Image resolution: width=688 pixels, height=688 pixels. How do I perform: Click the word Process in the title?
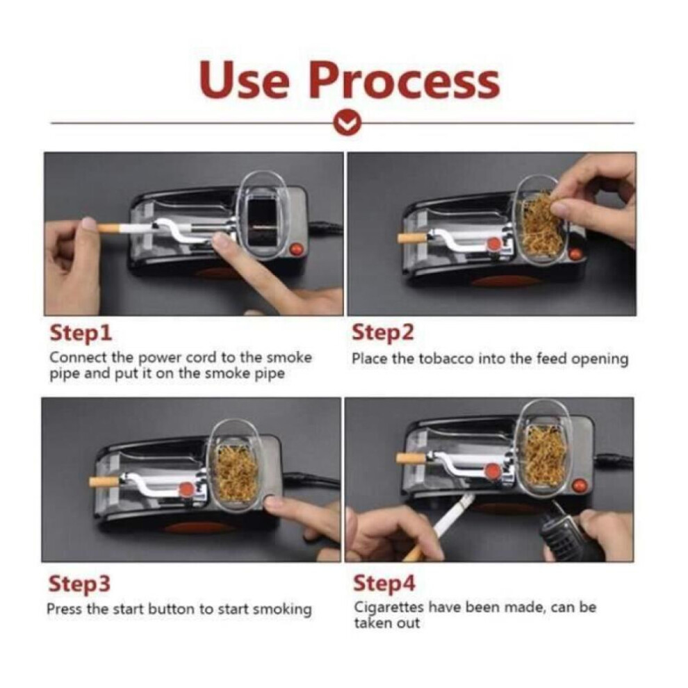pos(404,81)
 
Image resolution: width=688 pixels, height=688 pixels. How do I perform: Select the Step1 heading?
pos(81,333)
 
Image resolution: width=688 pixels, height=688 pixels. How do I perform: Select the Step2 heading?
pos(383,333)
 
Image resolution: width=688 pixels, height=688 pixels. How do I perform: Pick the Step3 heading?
pos(79,584)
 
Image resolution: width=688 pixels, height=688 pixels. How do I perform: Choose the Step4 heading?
pos(384,584)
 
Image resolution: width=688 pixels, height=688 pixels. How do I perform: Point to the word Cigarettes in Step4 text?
pos(388,607)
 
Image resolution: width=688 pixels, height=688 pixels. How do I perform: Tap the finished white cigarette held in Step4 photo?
pos(441,526)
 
